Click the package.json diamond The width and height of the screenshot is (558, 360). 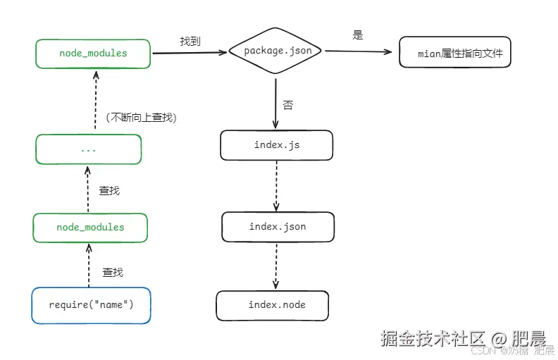276,51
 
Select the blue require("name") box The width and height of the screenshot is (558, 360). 91,305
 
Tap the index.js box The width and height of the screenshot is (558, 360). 276,145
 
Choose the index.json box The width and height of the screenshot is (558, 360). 278,227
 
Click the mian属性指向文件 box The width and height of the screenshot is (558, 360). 454,54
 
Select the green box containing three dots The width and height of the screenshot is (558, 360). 88,149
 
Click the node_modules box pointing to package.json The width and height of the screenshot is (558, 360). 93,54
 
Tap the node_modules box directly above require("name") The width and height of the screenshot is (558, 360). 90,228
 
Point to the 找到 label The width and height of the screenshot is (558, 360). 190,42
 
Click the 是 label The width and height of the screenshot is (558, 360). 358,35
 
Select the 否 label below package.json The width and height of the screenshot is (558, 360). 287,106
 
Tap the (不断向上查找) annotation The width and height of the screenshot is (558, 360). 140,118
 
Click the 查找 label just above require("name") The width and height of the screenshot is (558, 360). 113,272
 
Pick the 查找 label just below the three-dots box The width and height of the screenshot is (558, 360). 109,190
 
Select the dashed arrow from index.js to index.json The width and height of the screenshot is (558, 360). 276,185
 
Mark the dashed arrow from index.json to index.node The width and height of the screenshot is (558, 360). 276,266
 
